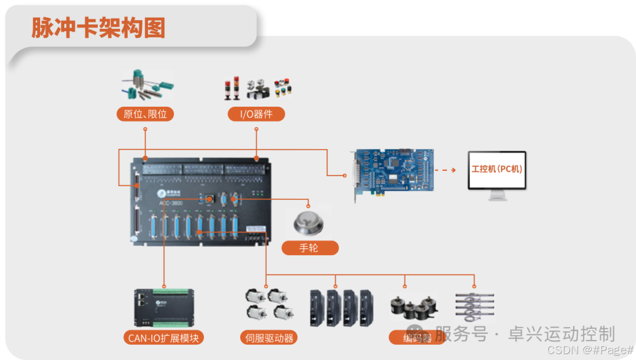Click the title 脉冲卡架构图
(x=98, y=28)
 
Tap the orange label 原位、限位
(x=145, y=114)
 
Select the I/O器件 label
(x=256, y=114)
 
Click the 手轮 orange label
(x=310, y=247)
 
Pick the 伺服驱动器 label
(x=268, y=338)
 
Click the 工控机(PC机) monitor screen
(x=497, y=170)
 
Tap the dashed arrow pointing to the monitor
(x=445, y=170)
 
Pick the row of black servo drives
(x=342, y=307)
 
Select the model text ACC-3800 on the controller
(x=171, y=203)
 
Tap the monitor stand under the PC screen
(x=497, y=196)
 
